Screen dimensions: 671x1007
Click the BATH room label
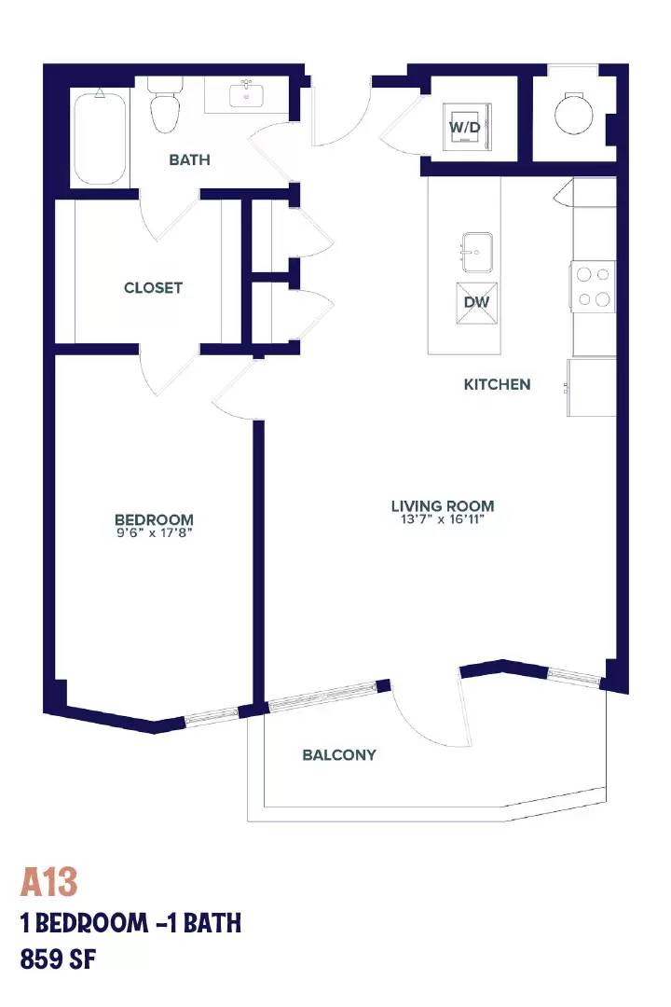pyautogui.click(x=189, y=159)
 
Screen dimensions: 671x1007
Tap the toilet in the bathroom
pyautogui.click(x=164, y=105)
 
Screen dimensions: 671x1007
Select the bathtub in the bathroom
pyautogui.click(x=100, y=137)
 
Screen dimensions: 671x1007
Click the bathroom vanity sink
pyautogui.click(x=247, y=95)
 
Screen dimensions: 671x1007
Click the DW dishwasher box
pyautogui.click(x=476, y=302)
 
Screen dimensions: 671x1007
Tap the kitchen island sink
pyautogui.click(x=476, y=253)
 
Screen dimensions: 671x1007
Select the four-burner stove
pyautogui.click(x=592, y=286)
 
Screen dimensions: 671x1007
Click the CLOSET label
pyautogui.click(x=153, y=288)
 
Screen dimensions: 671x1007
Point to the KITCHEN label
pyautogui.click(x=497, y=384)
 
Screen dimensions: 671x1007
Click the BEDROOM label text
pyautogui.click(x=154, y=519)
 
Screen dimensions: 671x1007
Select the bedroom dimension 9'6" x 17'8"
pyautogui.click(x=154, y=532)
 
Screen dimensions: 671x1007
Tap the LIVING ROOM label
pyautogui.click(x=443, y=505)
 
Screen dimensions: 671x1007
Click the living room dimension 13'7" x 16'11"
pyautogui.click(x=443, y=519)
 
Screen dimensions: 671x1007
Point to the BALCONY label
pyautogui.click(x=339, y=754)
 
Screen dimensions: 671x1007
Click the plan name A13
pyautogui.click(x=48, y=882)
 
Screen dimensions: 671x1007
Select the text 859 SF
pyautogui.click(x=58, y=959)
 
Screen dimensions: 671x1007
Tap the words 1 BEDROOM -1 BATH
pyautogui.click(x=131, y=923)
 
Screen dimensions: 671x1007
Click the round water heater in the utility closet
pyautogui.click(x=574, y=114)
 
